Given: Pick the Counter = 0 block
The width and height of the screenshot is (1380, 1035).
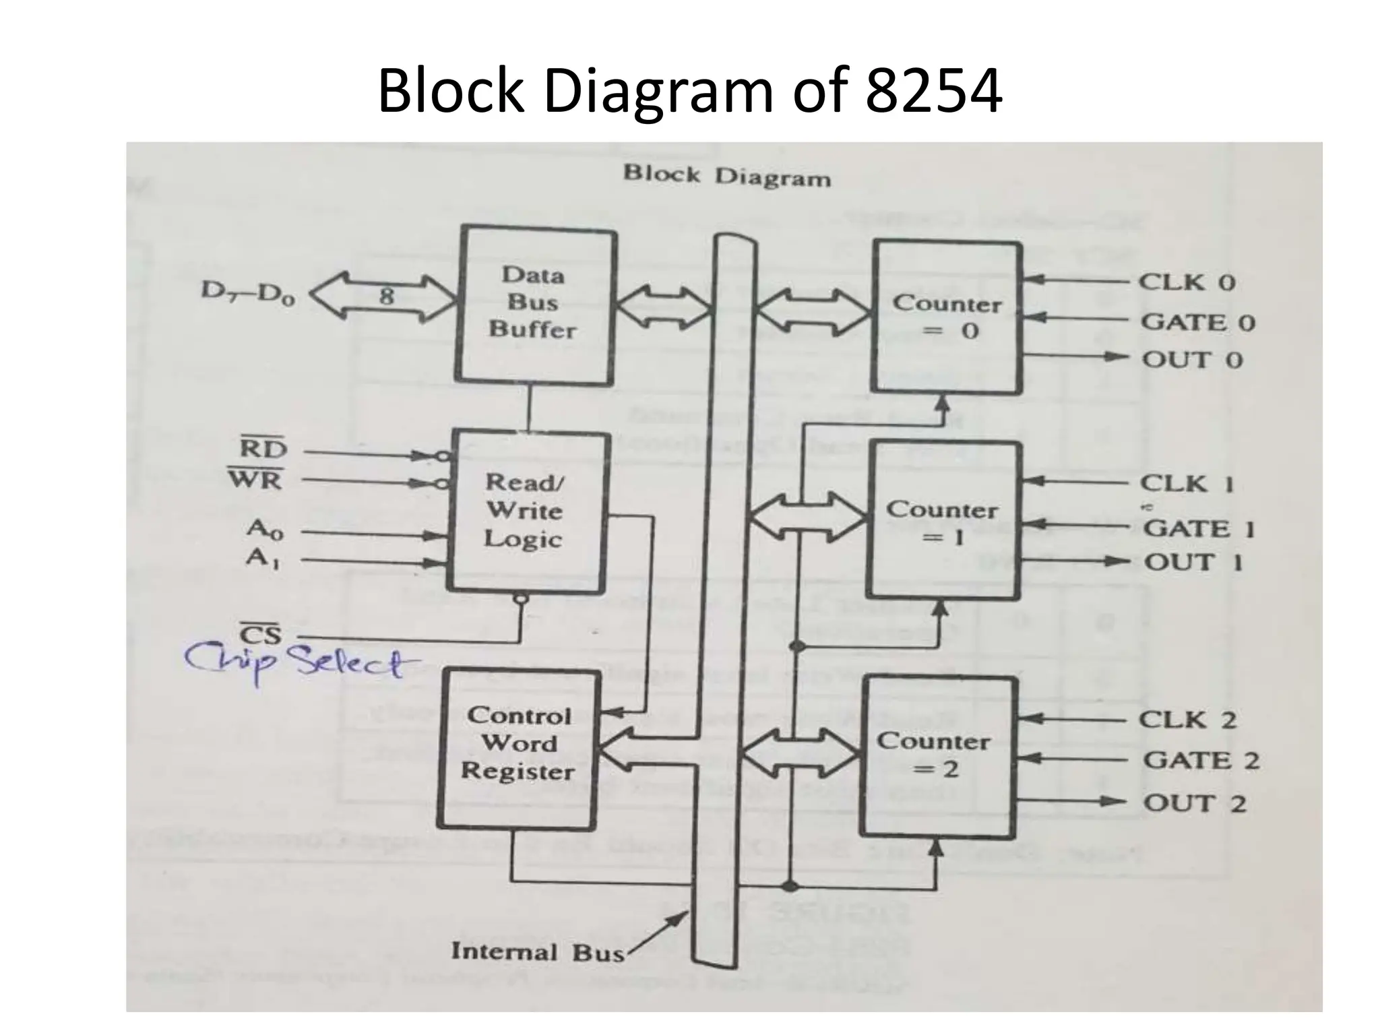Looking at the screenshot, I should tap(947, 317).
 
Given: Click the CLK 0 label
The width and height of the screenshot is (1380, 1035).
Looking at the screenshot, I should tap(1187, 282).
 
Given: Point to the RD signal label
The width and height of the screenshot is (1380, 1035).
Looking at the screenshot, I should tap(263, 449).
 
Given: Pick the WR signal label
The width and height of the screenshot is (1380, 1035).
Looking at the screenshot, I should tap(256, 480).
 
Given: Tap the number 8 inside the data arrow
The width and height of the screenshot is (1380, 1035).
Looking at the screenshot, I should tap(386, 295).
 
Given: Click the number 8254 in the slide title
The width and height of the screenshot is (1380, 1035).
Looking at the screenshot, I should tap(934, 92).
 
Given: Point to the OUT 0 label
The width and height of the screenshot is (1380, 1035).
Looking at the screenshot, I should tap(1191, 360).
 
